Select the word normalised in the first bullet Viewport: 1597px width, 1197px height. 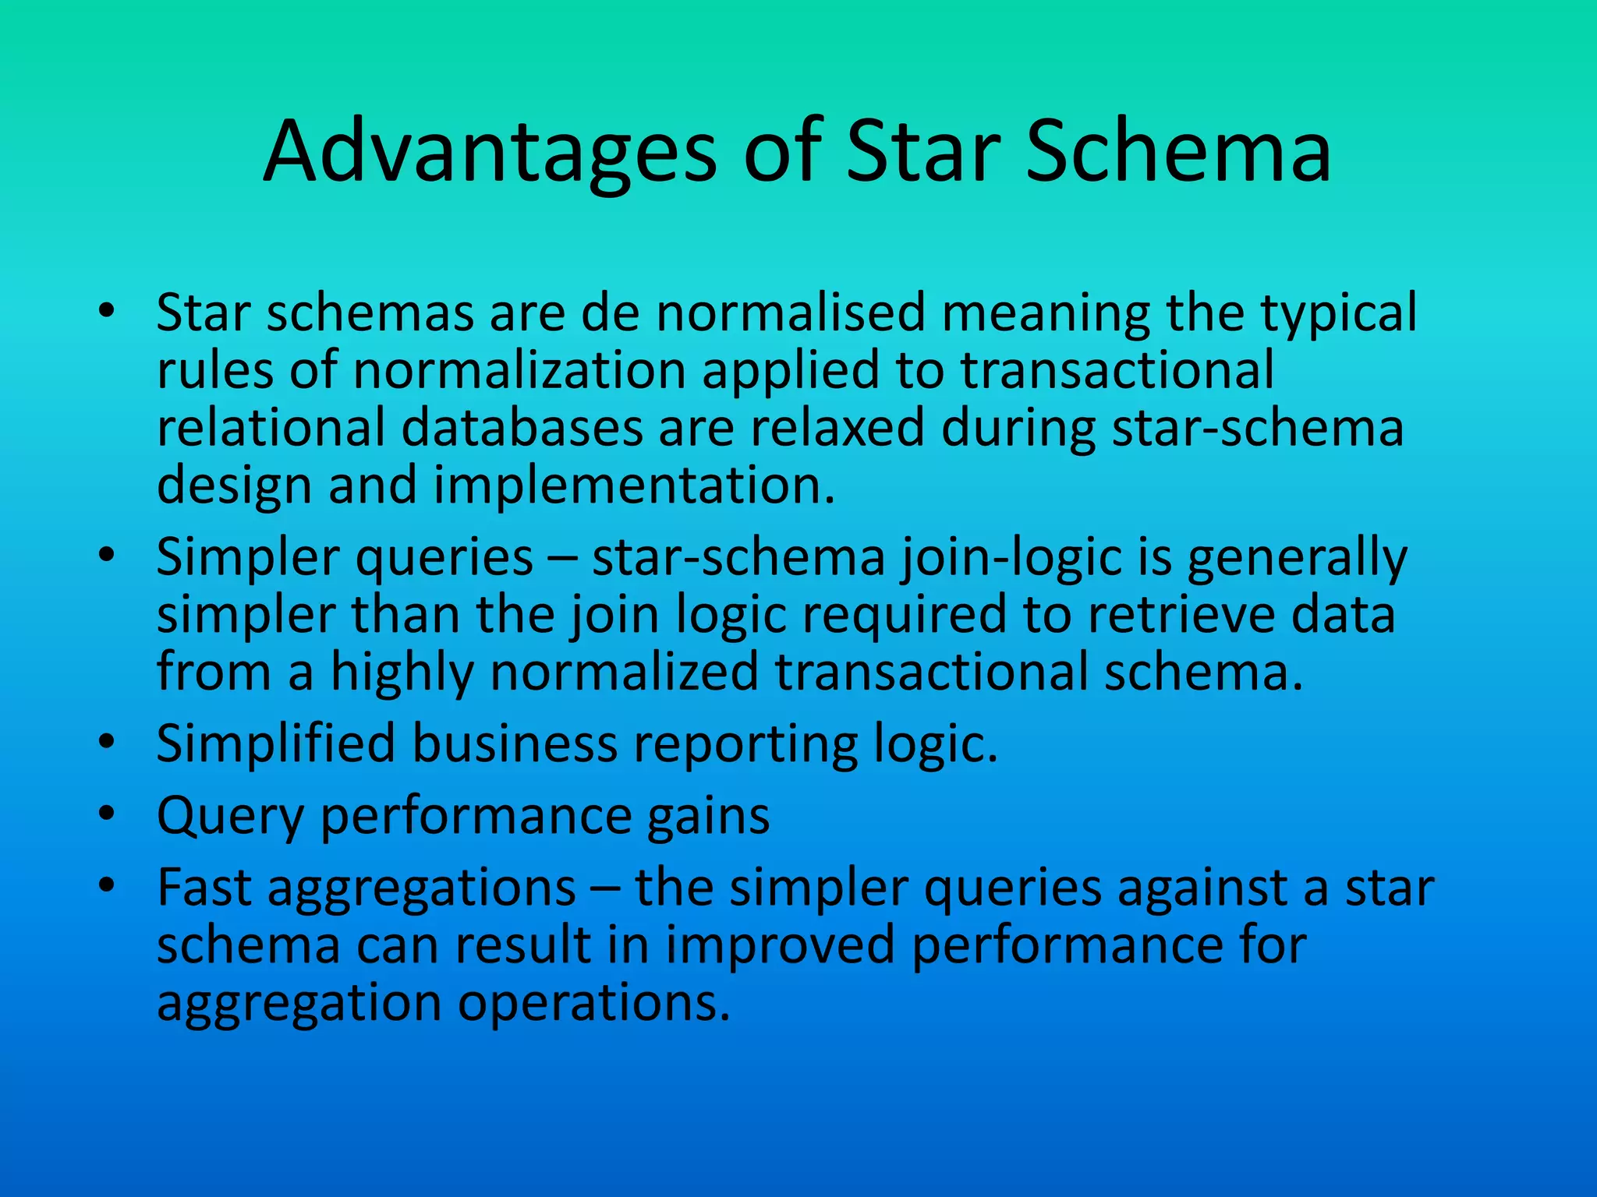point(791,313)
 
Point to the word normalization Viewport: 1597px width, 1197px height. point(519,370)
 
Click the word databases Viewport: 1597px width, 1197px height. point(522,428)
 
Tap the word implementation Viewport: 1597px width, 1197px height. point(634,486)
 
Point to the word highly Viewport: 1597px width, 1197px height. point(402,673)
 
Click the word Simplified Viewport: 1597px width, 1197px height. point(276,744)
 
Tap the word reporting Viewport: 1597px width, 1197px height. point(745,744)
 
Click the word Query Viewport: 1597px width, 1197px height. point(230,817)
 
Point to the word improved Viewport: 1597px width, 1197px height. point(780,945)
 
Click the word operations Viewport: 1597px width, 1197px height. point(593,1003)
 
